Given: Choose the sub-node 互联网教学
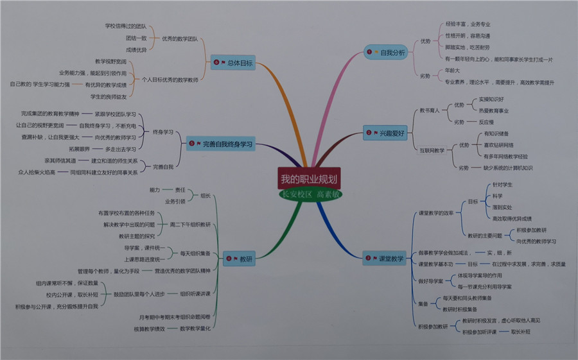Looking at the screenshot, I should coord(432,151).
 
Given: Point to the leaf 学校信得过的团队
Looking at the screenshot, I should coord(126,26).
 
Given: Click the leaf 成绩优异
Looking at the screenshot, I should coord(136,49).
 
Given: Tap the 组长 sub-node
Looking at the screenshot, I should coord(206,195).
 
